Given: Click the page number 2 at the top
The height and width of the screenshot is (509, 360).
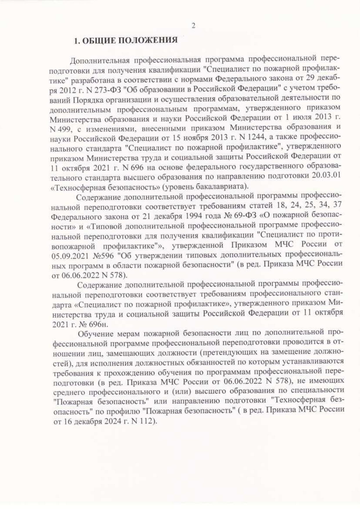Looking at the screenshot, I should (193, 26).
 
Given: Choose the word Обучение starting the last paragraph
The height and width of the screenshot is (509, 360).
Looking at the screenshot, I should (96, 334).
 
